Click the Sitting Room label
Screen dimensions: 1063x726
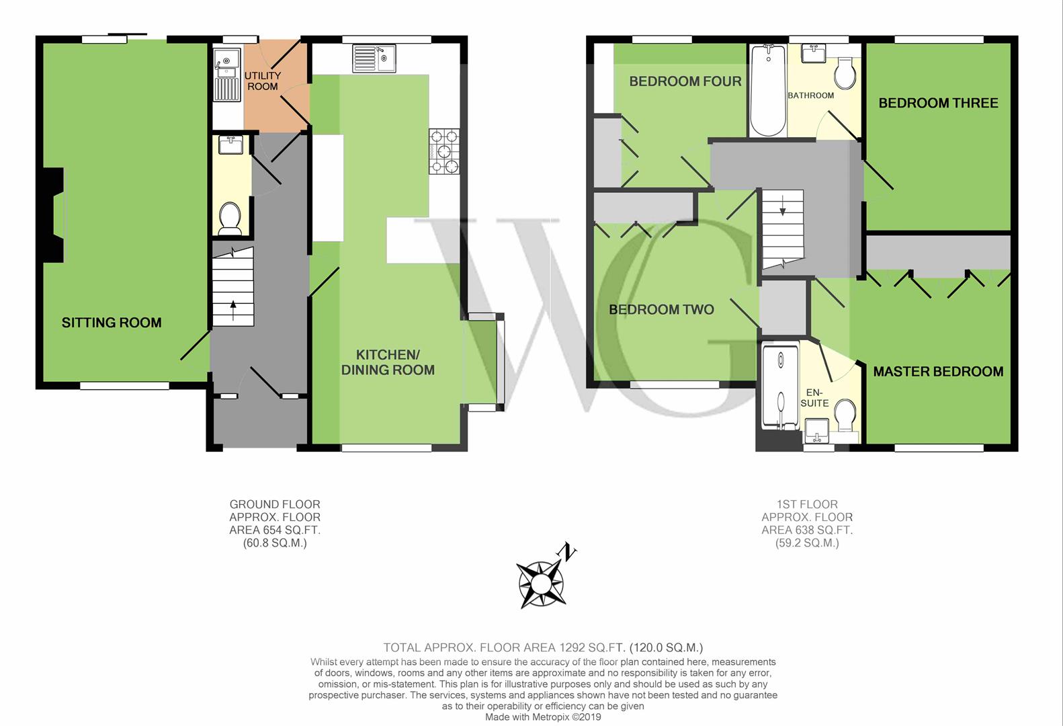112,323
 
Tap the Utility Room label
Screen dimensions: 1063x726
263,81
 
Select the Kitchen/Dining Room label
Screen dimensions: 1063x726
388,362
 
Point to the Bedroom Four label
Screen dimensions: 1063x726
685,81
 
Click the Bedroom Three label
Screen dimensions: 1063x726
938,103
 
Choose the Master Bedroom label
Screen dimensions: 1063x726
938,371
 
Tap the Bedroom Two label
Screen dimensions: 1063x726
662,310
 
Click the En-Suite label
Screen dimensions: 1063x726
815,398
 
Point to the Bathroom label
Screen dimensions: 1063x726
810,95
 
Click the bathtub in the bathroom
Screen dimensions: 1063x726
768,90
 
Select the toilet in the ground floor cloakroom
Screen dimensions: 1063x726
230,219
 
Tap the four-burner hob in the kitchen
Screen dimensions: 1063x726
444,151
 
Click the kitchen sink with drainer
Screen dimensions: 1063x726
374,59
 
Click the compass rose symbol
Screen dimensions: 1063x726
541,585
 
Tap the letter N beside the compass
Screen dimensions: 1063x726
567,552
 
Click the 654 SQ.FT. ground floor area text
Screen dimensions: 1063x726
275,530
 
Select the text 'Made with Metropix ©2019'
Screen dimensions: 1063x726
543,717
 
